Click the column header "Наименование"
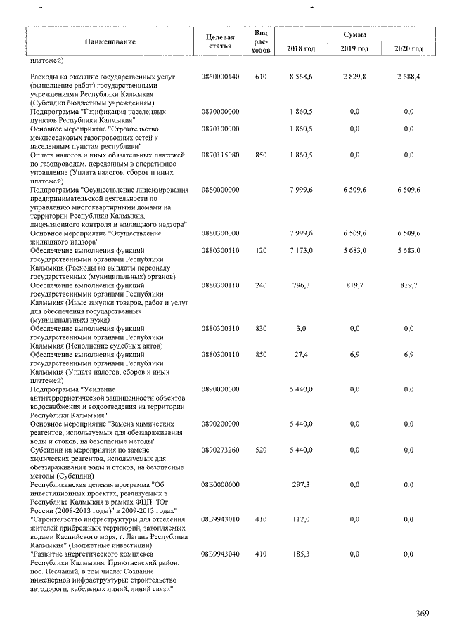[110, 41]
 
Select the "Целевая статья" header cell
[220, 41]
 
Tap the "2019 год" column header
[354, 48]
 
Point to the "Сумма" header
[354, 34]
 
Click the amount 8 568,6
[300, 76]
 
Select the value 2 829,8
[354, 76]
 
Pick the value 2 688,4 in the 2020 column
[409, 76]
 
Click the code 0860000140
[220, 76]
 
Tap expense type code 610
[261, 76]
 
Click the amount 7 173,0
[300, 251]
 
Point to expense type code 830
[261, 329]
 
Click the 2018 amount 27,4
[302, 355]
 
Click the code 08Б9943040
[220, 554]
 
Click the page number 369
[422, 614]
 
